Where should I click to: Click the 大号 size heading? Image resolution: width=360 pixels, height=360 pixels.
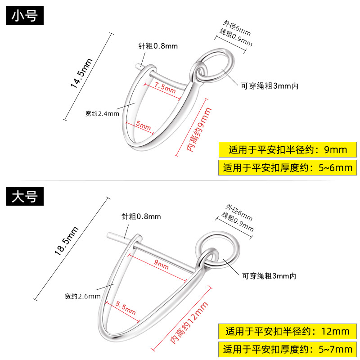pyautogui.click(x=24, y=196)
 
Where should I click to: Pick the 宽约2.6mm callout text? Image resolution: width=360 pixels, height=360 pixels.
pyautogui.click(x=82, y=296)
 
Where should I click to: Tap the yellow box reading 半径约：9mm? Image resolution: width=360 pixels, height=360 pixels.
pyautogui.click(x=288, y=149)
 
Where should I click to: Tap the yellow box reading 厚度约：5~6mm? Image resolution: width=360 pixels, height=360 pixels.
pyautogui.click(x=288, y=168)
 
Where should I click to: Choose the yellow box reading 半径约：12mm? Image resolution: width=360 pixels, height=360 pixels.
pyautogui.click(x=288, y=332)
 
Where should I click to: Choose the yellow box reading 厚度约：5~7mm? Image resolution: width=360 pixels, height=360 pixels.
pyautogui.click(x=288, y=349)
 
